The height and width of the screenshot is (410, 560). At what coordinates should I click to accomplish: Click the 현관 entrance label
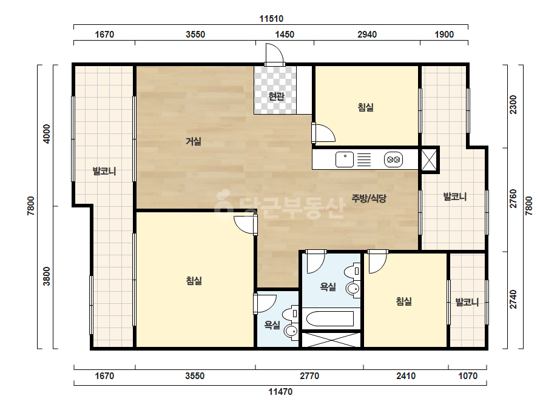[276, 96]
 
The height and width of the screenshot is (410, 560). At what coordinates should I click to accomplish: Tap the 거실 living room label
[193, 141]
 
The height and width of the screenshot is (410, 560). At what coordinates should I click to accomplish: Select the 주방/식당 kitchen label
[369, 198]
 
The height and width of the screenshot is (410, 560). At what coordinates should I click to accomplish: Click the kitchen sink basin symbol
[345, 160]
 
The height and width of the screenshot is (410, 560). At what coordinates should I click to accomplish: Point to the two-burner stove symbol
[393, 160]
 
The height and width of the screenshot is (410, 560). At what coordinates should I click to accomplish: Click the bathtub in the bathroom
[330, 318]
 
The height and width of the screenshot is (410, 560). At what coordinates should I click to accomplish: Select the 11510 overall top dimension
[271, 19]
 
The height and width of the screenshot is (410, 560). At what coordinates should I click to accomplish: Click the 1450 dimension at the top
[285, 35]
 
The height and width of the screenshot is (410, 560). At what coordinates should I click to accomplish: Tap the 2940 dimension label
[367, 35]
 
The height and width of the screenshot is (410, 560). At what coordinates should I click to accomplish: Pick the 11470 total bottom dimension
[280, 392]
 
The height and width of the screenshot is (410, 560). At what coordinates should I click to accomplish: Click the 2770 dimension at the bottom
[309, 375]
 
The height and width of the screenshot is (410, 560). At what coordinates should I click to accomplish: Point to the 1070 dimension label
[468, 375]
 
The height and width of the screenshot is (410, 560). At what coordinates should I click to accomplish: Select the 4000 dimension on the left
[47, 134]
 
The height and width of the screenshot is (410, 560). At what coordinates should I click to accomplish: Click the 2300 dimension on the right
[513, 104]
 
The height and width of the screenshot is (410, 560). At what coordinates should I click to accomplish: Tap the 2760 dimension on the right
[513, 198]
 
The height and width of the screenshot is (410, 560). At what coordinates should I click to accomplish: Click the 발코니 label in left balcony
[104, 171]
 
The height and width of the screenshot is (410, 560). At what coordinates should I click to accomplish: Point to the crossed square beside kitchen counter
[429, 160]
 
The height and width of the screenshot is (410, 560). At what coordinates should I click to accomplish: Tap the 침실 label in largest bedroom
[194, 281]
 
